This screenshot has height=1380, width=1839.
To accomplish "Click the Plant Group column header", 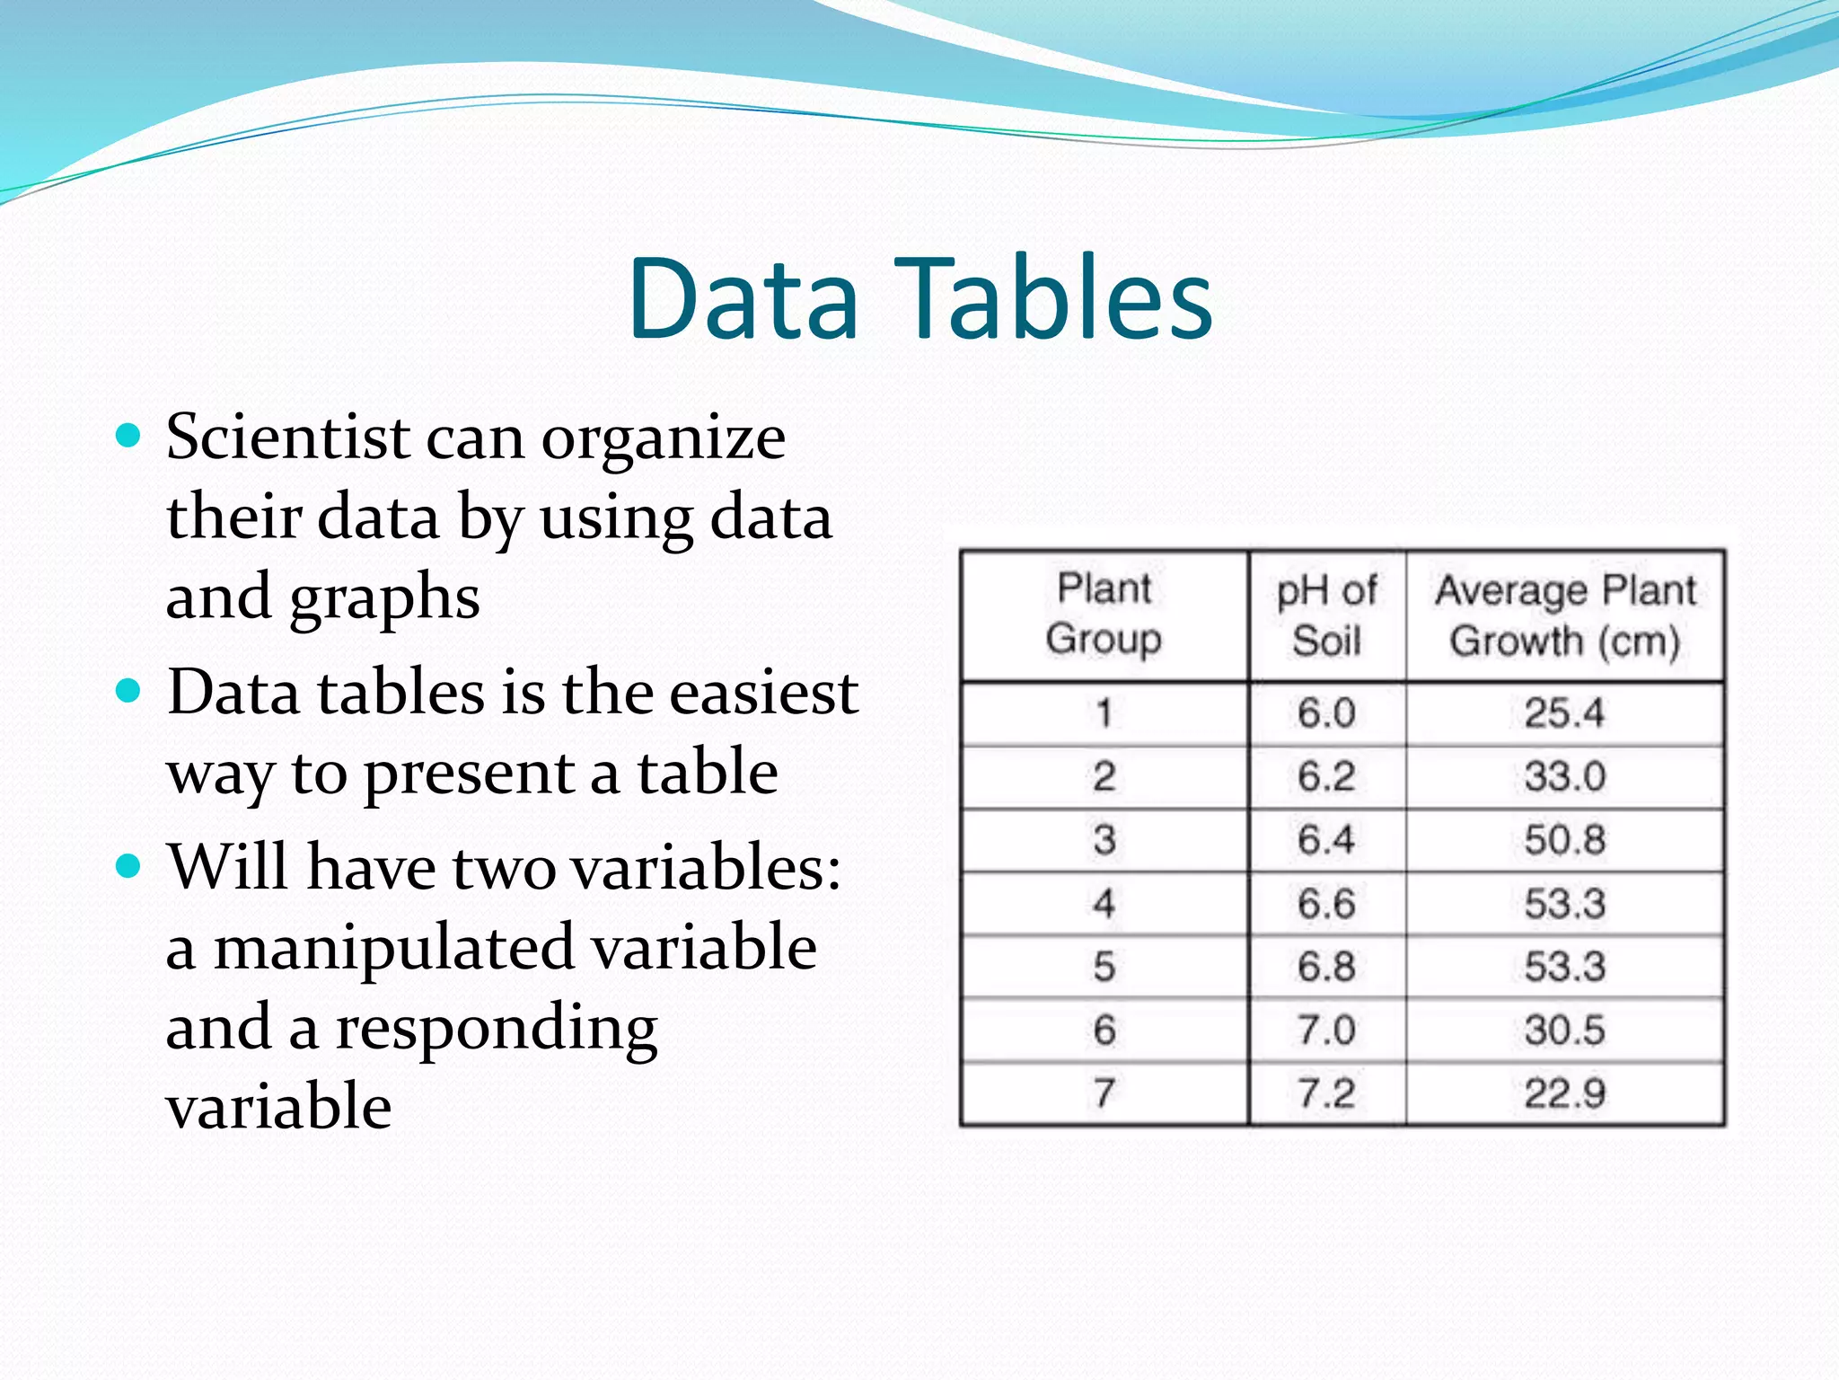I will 1104,614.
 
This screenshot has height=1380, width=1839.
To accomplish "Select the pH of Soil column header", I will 1326,615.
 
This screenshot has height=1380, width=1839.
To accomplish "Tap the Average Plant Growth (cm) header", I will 1565,615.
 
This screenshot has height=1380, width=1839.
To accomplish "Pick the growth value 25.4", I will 1564,713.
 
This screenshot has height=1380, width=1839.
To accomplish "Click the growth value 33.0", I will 1564,776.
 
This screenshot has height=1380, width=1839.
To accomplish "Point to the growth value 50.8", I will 1564,840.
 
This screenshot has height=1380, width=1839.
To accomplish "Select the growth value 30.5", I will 1564,1030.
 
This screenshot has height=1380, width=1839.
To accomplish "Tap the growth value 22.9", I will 1564,1093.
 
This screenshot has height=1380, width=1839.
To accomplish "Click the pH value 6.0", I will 1326,713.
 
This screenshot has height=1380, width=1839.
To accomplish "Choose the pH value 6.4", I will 1326,840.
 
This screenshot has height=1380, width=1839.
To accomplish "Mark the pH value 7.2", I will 1326,1093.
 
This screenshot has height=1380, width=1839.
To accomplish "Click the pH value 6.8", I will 1326,967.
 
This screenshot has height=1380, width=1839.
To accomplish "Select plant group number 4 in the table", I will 1104,903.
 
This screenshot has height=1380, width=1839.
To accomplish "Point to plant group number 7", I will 1104,1093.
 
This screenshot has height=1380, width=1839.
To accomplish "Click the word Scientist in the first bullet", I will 288,438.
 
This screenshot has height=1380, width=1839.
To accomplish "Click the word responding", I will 497,1030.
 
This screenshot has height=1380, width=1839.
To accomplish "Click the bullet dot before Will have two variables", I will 129,866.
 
